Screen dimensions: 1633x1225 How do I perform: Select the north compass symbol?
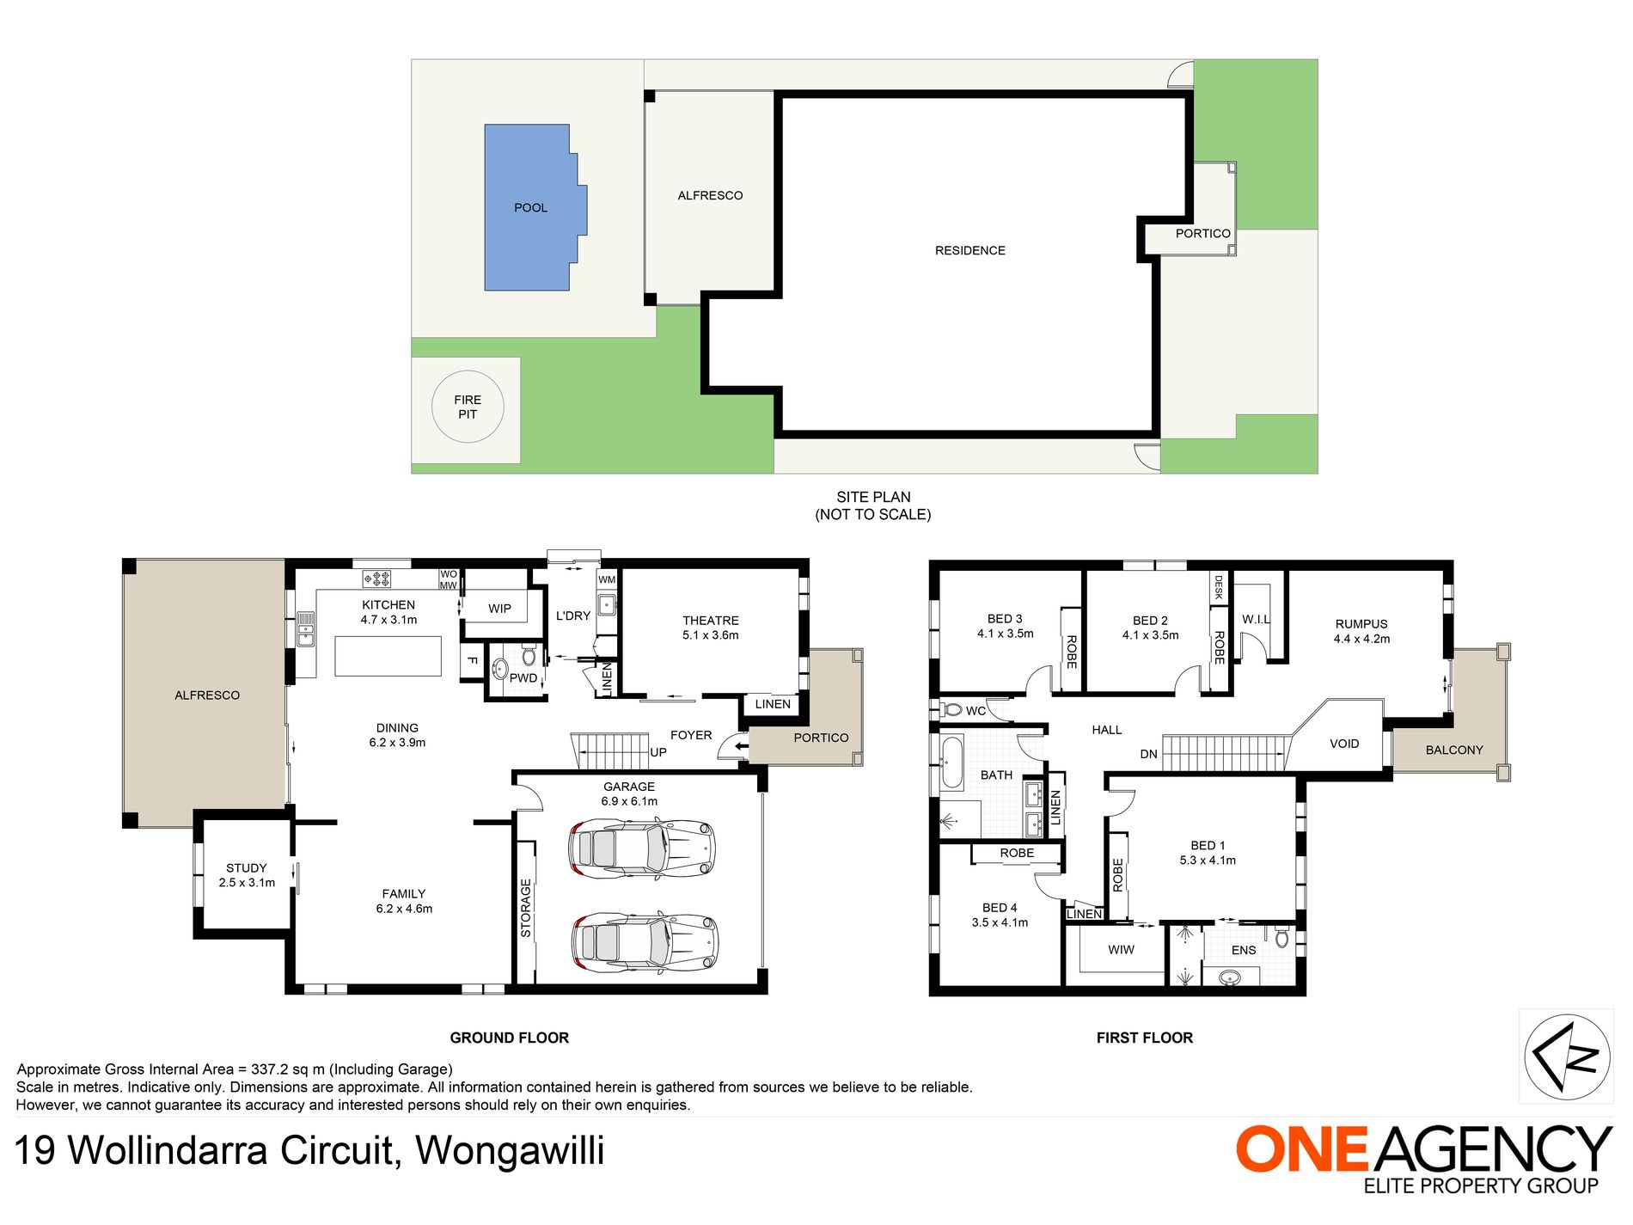pos(1567,1057)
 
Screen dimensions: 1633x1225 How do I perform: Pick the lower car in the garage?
pos(645,942)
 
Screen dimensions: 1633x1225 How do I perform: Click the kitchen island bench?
pos(388,656)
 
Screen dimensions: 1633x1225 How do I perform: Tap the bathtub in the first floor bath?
pos(951,762)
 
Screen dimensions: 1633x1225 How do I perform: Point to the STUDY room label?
pos(247,868)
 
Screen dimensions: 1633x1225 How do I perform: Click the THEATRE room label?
pos(711,621)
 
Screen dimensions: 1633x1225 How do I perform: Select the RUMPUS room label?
pos(1361,624)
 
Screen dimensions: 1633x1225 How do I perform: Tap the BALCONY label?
pos(1454,750)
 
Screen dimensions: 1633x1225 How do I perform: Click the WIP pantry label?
pos(499,609)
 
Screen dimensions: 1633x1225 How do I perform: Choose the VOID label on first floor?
pos(1344,744)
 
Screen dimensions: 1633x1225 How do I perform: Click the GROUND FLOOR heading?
pos(510,1038)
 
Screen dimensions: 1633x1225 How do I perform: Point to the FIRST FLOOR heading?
pos(1145,1038)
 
